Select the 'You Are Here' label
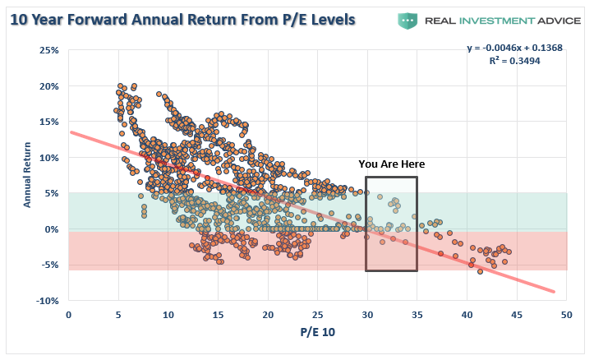391,164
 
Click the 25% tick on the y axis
47,51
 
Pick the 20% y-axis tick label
47,86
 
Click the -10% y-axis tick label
46,301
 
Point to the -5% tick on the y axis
48,265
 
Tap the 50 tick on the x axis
567,316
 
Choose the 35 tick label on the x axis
417,316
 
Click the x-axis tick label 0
68,316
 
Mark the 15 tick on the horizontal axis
218,316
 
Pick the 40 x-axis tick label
467,316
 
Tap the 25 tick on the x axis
317,316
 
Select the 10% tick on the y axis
47,158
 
